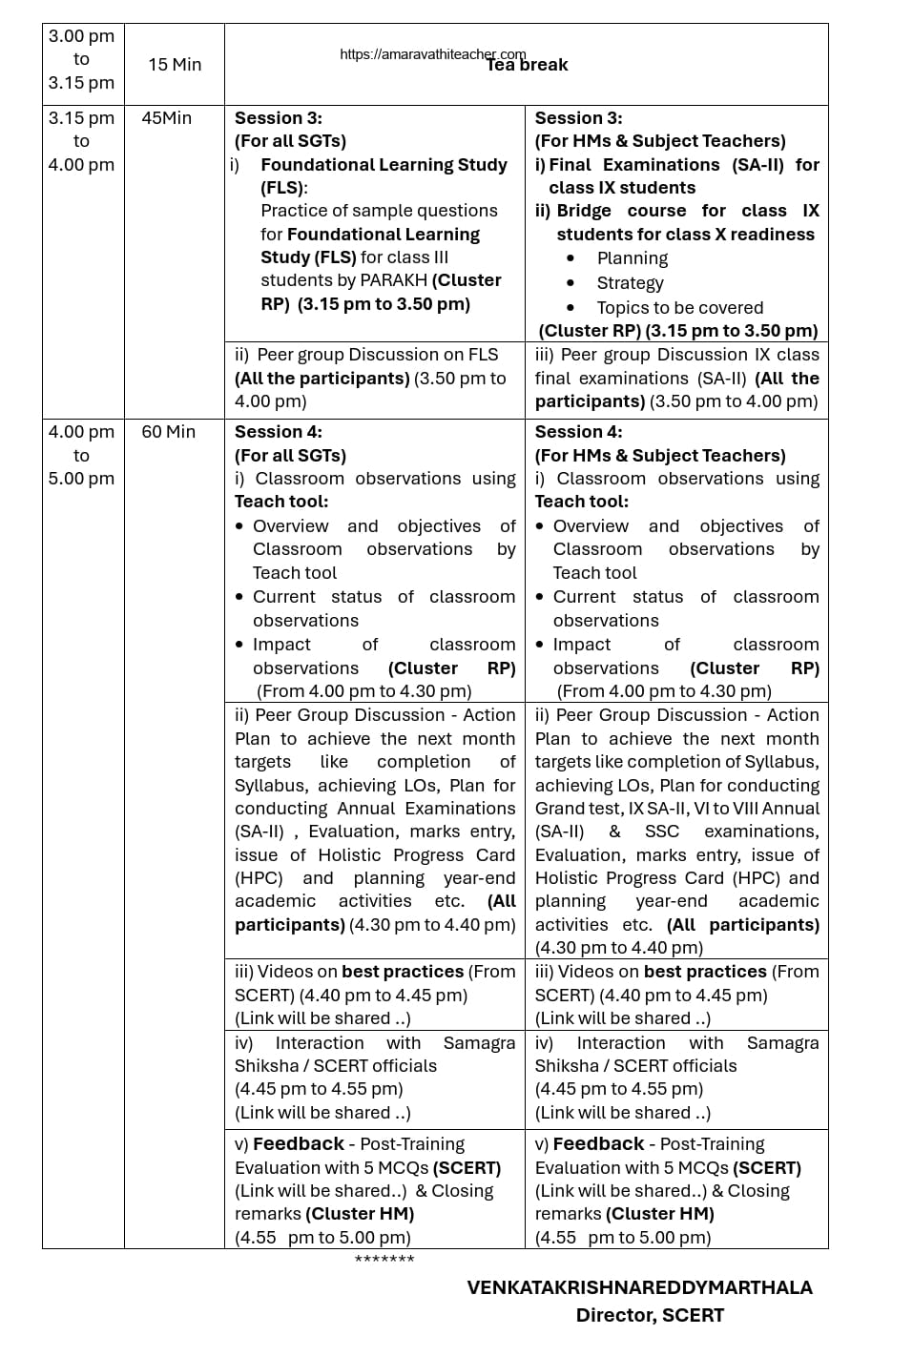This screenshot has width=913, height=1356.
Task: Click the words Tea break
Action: (528, 66)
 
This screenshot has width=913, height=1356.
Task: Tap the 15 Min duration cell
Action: (175, 65)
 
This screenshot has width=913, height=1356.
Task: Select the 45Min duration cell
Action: (166, 118)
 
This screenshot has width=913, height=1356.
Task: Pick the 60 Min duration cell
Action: (168, 432)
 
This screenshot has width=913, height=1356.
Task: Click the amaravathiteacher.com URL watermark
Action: (432, 54)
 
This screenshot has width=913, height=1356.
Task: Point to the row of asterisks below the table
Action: (384, 1260)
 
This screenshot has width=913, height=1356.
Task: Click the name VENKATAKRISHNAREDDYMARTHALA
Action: (639, 1287)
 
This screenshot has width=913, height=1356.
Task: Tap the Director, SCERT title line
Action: (649, 1315)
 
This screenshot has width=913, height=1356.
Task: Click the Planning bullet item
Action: (632, 258)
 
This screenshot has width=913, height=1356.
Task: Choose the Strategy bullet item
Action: (630, 283)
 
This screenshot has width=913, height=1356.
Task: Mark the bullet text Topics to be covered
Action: (679, 308)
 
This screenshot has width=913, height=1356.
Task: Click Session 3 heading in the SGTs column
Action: (279, 118)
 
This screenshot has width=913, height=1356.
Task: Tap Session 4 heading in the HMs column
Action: (578, 432)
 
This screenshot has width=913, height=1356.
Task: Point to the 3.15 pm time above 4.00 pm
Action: (81, 118)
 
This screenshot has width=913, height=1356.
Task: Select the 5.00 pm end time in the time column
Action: (81, 479)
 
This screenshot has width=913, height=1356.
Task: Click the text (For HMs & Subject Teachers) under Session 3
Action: (660, 141)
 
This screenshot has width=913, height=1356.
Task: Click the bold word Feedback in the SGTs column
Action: (299, 1144)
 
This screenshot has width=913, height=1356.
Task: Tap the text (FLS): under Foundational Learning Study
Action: (283, 188)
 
